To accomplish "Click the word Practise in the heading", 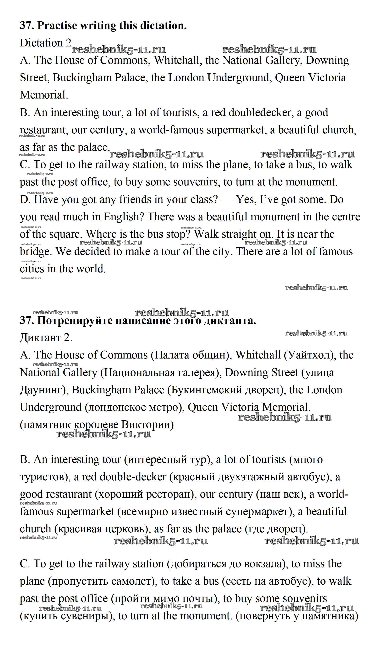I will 57,26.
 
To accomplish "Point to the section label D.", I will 25,200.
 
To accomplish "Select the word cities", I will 32,269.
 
